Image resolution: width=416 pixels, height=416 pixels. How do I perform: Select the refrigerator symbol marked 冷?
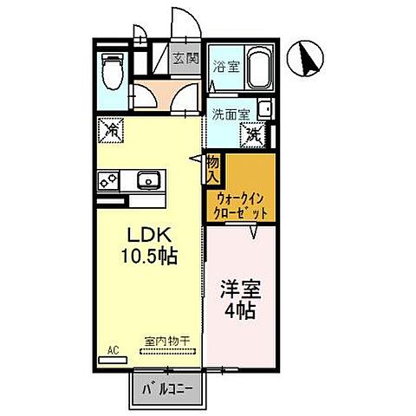click(x=114, y=132)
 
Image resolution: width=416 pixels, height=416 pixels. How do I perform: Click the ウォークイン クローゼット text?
click(x=242, y=205)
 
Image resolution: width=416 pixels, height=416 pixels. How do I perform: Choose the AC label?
click(x=113, y=350)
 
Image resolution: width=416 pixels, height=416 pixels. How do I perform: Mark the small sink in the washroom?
click(x=264, y=110)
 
